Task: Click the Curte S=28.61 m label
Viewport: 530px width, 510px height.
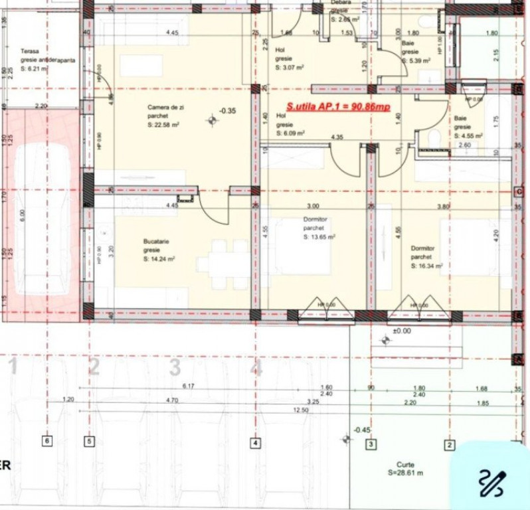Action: (x=406, y=469)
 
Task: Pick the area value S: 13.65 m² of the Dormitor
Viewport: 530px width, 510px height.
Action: (x=319, y=236)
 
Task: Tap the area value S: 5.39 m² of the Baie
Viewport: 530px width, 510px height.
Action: (x=418, y=60)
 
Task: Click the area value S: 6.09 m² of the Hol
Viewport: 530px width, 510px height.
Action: (x=291, y=133)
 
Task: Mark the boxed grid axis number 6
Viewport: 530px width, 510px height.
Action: (x=46, y=440)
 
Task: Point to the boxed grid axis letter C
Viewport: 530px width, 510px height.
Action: (x=518, y=191)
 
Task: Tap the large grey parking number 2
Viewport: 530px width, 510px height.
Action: (x=94, y=366)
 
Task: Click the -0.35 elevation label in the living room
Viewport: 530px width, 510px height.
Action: (x=228, y=111)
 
